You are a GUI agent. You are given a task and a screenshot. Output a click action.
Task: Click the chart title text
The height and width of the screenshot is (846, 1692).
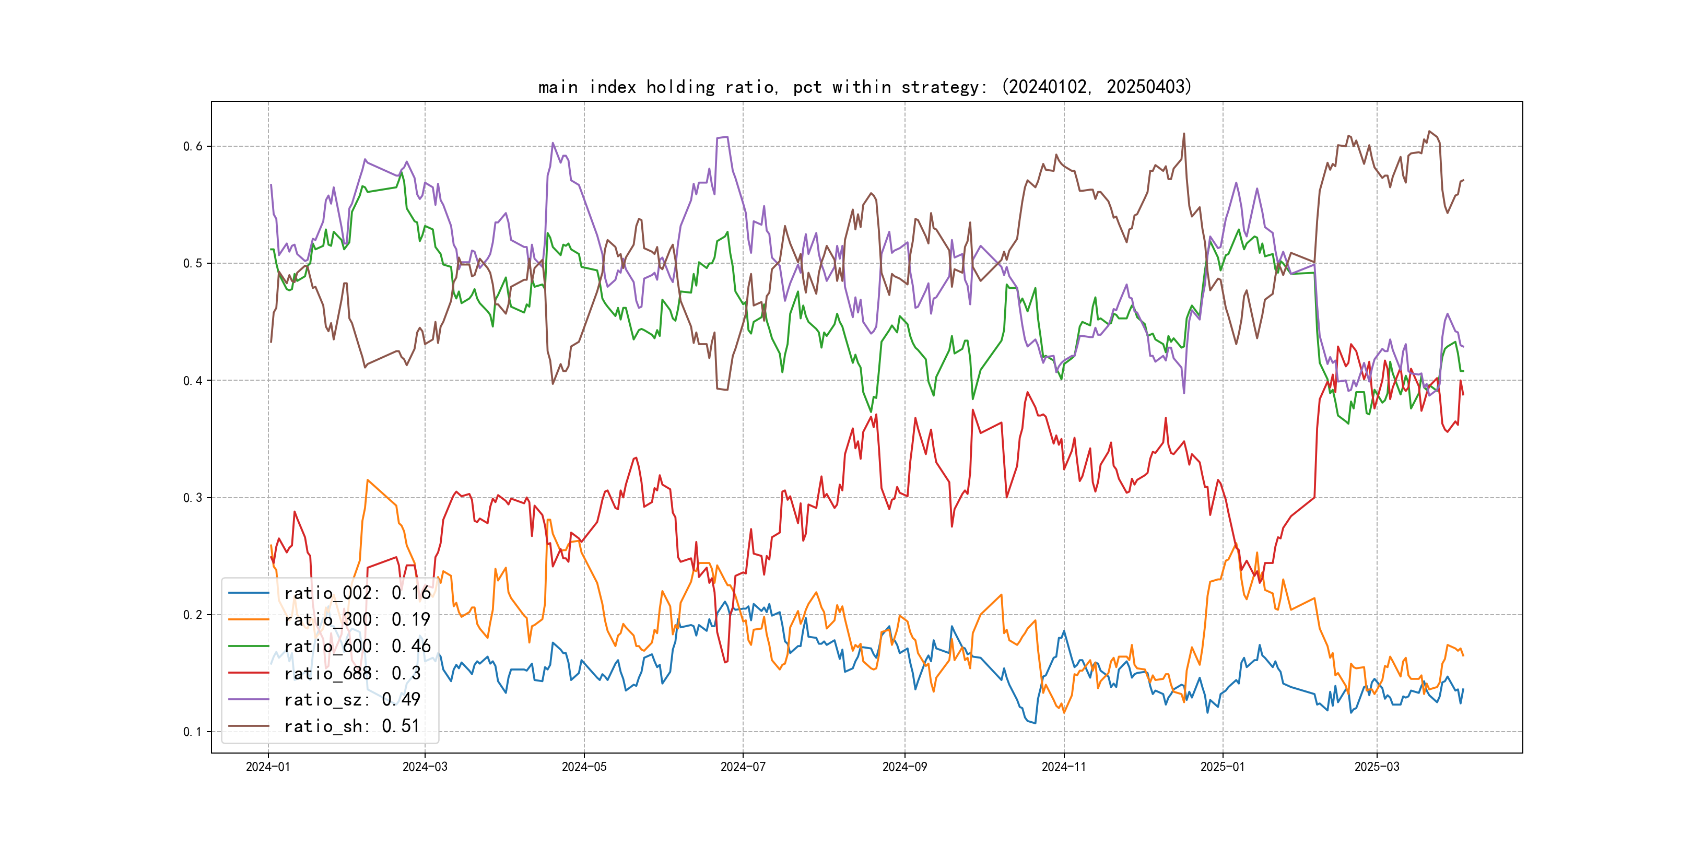coord(864,87)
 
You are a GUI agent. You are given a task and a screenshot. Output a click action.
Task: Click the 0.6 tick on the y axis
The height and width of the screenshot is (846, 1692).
coord(193,146)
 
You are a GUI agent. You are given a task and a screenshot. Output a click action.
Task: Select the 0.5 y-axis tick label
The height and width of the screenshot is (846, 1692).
coord(193,263)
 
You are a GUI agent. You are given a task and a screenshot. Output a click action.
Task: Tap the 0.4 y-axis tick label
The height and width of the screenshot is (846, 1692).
coord(193,380)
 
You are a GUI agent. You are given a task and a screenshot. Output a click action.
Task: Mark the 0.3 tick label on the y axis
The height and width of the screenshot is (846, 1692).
coord(193,498)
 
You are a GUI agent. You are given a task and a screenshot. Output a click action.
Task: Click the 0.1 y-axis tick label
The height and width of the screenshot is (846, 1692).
coord(193,732)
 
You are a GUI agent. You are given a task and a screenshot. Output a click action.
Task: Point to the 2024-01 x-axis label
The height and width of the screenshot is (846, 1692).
coord(268,767)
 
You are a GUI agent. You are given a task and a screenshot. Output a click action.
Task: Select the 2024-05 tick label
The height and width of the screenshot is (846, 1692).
coord(584,767)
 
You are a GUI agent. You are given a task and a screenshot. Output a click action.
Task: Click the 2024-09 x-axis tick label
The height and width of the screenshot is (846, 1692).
coord(904,767)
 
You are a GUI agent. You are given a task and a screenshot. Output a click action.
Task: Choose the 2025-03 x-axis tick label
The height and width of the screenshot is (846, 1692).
coord(1377,767)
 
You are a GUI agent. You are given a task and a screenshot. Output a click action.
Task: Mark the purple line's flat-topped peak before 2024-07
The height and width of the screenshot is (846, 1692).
coord(722,137)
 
